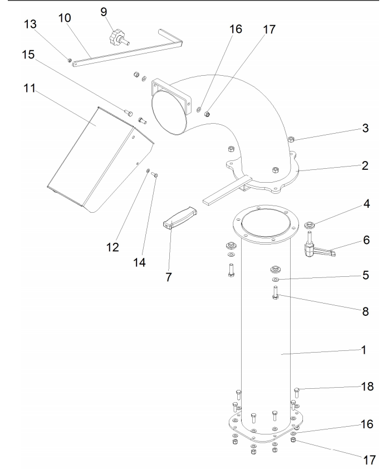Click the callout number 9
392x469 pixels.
(104, 12)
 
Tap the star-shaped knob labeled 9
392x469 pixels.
(119, 38)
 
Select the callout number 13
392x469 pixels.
(30, 24)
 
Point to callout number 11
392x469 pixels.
(30, 88)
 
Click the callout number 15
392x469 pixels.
(28, 55)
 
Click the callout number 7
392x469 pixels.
(169, 277)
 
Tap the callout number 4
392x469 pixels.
(366, 204)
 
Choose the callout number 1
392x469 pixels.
(364, 350)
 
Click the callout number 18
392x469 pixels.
(367, 387)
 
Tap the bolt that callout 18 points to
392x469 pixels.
(297, 393)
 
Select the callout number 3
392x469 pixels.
(365, 128)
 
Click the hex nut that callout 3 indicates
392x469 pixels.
(291, 139)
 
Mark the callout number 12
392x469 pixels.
(112, 247)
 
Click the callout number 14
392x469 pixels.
(139, 262)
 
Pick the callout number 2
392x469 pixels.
(365, 165)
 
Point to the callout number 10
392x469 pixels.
(65, 18)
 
